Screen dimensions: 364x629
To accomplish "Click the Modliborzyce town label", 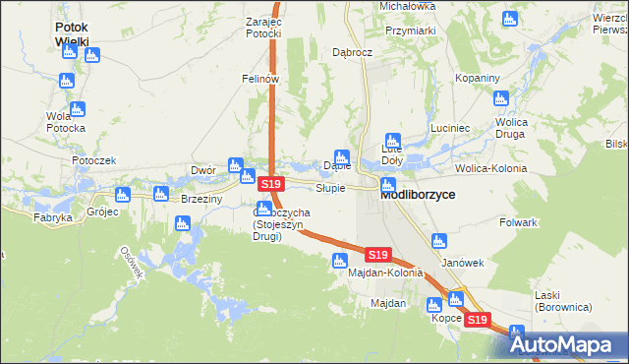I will pyautogui.click(x=418, y=195).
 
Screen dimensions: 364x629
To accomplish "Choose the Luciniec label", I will pyautogui.click(x=452, y=129).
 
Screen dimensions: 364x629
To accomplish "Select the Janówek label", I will pyautogui.click(x=463, y=263).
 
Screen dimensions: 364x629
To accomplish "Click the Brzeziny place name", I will pyautogui.click(x=201, y=198).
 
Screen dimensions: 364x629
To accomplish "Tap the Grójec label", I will pyautogui.click(x=101, y=212).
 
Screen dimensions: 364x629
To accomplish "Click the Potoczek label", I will pyautogui.click(x=93, y=159).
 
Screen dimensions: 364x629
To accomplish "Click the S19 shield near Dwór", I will pyautogui.click(x=271, y=184).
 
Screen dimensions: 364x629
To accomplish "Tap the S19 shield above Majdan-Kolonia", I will pyautogui.click(x=379, y=254).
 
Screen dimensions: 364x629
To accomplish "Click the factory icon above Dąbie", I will pyautogui.click(x=341, y=156).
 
